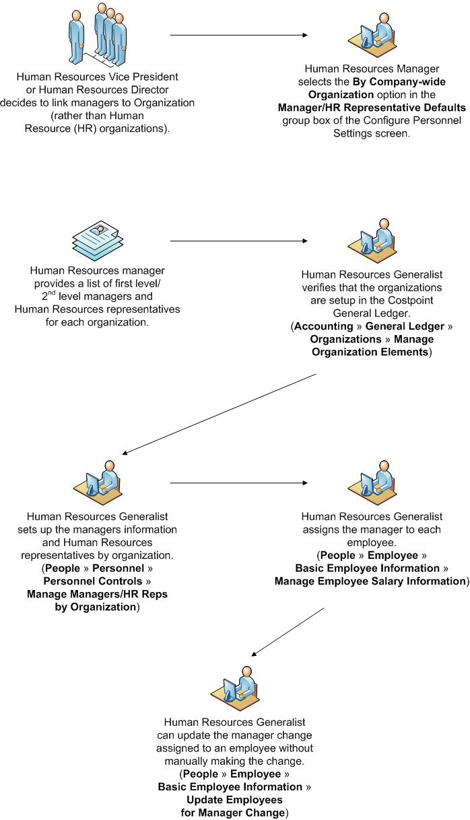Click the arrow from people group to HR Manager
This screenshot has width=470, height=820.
click(239, 34)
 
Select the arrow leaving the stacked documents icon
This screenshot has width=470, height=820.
click(239, 240)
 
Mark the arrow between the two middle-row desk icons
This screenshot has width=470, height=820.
click(239, 482)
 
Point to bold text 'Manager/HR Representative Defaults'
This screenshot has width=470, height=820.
click(372, 107)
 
